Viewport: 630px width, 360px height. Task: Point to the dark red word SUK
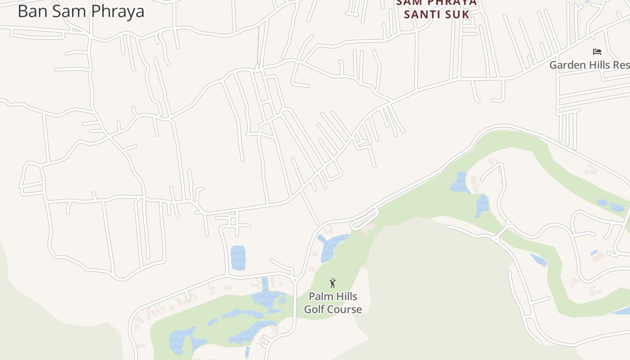458,14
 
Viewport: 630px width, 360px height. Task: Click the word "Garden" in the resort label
567,65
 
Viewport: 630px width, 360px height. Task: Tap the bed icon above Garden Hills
597,52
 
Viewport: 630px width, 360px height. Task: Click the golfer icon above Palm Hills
333,283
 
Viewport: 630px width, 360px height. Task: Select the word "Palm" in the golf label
320,297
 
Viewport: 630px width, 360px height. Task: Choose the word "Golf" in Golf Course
314,309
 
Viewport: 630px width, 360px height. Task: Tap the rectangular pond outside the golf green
238,258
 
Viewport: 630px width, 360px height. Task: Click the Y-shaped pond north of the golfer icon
331,245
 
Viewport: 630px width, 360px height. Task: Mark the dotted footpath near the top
258,45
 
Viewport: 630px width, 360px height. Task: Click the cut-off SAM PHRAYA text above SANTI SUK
436,3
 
